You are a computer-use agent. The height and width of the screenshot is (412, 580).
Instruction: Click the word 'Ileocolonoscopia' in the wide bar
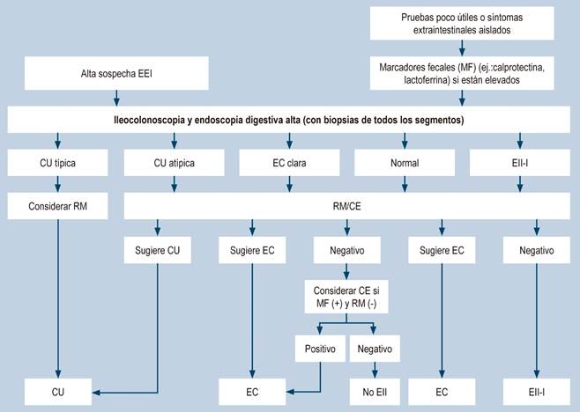[x=158, y=119]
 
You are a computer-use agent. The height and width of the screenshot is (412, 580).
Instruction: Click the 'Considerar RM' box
[x=57, y=206]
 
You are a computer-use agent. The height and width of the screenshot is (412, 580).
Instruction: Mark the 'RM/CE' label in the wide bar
[x=347, y=206]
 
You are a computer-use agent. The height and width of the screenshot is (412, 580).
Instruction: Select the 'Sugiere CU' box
[x=160, y=251]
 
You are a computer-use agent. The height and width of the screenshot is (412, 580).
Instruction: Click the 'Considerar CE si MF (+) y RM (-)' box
[x=347, y=295]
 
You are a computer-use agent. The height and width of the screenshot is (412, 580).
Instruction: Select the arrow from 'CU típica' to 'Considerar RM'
[x=57, y=183]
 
